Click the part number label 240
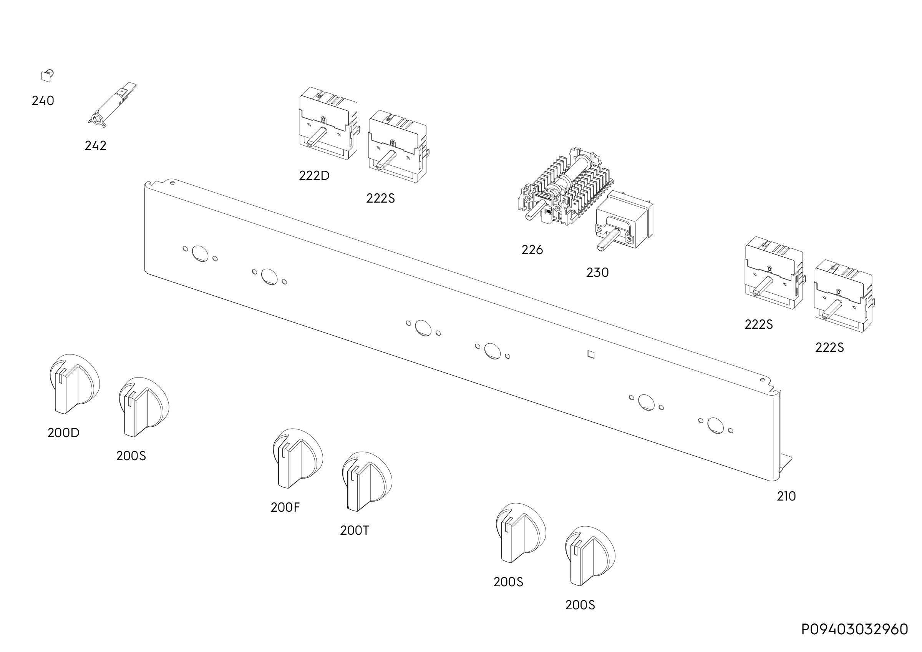(x=43, y=100)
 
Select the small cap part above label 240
(x=47, y=75)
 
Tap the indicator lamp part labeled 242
(x=112, y=105)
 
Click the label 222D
(x=314, y=176)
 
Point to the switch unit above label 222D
(x=328, y=123)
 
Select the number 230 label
(x=597, y=272)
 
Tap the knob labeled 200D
(x=74, y=384)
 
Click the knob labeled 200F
(x=298, y=458)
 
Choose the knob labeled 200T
(x=367, y=481)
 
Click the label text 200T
(x=354, y=530)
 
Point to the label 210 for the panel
(x=786, y=496)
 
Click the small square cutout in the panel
(x=590, y=354)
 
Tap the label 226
(x=532, y=250)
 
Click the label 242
(x=96, y=145)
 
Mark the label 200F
(x=285, y=507)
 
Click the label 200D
(x=63, y=432)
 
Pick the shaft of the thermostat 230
(x=609, y=240)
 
